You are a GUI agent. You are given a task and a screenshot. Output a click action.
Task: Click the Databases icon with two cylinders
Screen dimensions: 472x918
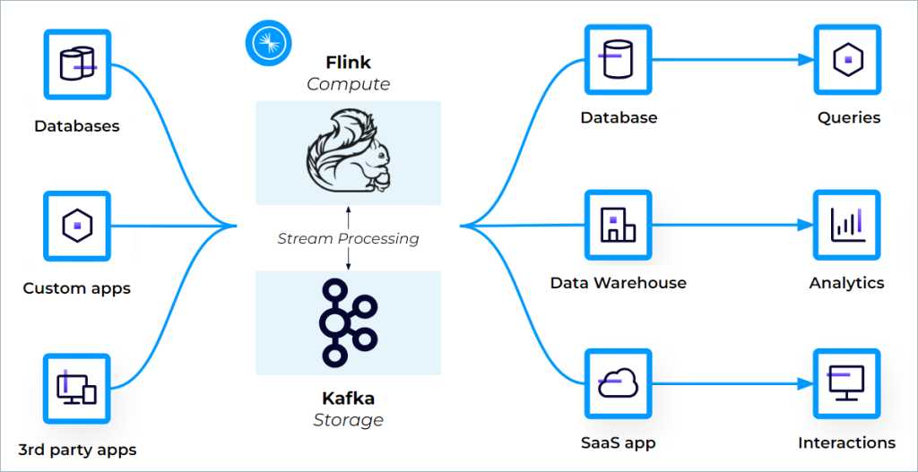(x=77, y=64)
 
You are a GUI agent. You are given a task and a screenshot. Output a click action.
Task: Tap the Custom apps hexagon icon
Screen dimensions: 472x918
(x=77, y=225)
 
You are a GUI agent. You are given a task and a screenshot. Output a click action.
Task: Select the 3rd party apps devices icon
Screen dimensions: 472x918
(x=77, y=387)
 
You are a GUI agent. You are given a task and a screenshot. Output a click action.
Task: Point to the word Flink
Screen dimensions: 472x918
(x=348, y=64)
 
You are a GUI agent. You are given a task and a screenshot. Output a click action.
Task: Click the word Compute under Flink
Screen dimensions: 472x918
(x=348, y=84)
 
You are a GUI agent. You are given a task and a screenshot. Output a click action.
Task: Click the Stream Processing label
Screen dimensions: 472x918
(x=348, y=238)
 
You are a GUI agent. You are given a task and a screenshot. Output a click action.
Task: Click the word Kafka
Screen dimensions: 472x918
(x=348, y=399)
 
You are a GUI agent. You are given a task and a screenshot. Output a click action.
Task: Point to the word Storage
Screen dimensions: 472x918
(x=348, y=419)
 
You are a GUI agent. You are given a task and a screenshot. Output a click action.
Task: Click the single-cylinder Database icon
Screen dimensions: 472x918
(x=619, y=59)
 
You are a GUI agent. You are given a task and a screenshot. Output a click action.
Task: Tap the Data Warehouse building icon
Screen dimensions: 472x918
(x=619, y=224)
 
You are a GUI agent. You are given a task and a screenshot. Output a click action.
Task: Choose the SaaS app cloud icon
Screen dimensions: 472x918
(x=619, y=383)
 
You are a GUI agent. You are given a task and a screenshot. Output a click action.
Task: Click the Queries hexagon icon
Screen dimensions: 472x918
(x=847, y=59)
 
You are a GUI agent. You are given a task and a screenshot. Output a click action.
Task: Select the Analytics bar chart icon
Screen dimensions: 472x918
(x=847, y=224)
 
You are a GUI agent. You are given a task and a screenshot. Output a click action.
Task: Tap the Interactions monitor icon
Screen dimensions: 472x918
(x=847, y=383)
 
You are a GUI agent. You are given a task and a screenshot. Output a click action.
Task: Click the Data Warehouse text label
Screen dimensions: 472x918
(x=619, y=283)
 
